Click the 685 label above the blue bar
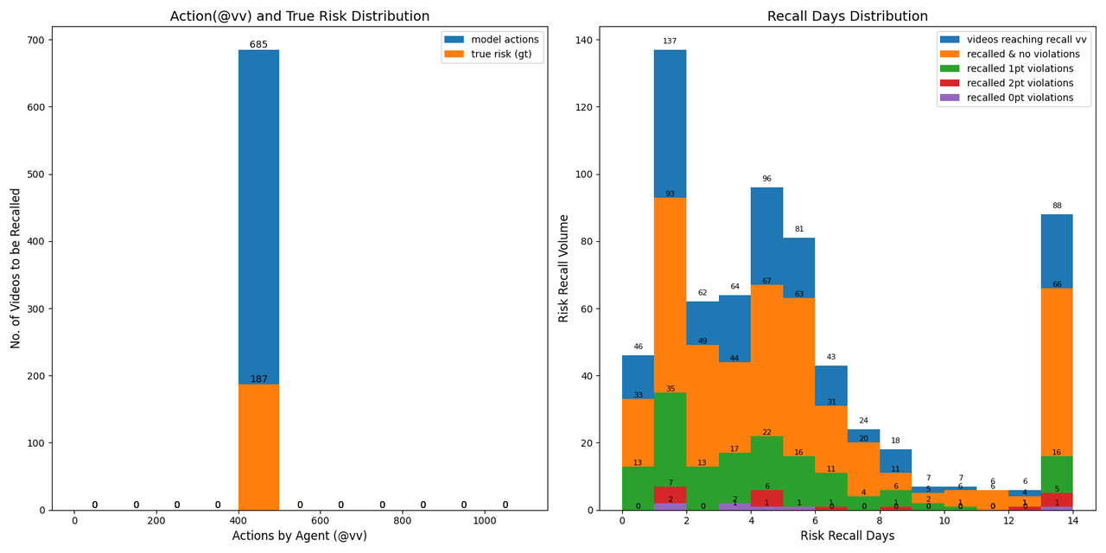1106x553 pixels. [x=258, y=45]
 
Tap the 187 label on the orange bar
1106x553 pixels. [x=258, y=379]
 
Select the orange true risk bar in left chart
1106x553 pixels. [x=258, y=449]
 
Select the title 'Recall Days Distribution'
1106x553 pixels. [x=847, y=16]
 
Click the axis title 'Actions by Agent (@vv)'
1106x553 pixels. [x=299, y=537]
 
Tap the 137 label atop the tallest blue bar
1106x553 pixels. [x=670, y=41]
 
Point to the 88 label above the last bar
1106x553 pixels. [x=1057, y=206]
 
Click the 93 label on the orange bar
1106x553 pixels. [x=670, y=194]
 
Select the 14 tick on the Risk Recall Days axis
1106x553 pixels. [x=1073, y=521]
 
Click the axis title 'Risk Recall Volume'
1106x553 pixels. [x=564, y=268]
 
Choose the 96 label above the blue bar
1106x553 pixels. [x=766, y=180]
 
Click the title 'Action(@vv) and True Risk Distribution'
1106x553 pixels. [x=299, y=16]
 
